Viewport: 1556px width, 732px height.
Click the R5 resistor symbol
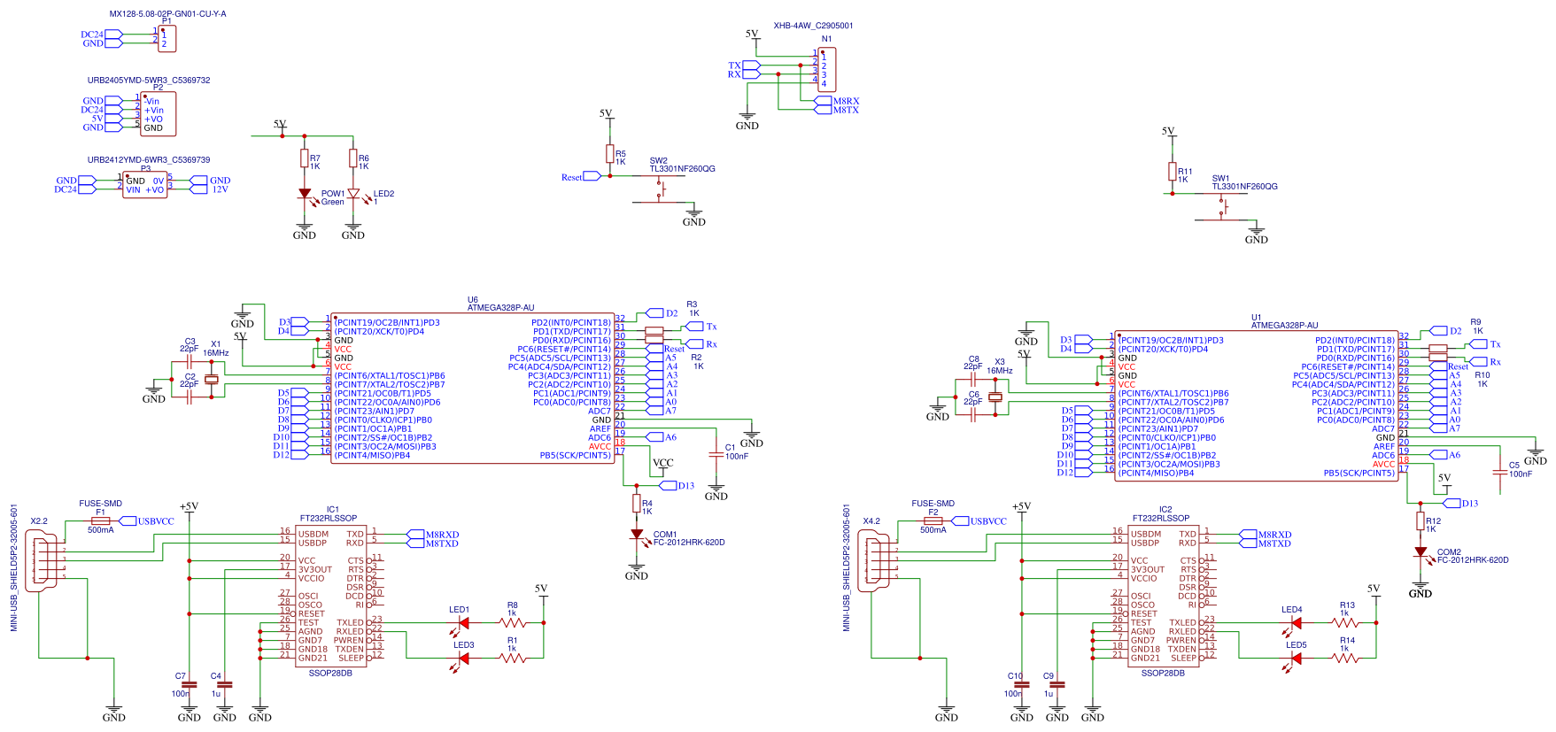coord(609,153)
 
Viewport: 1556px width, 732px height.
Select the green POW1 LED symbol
coord(305,194)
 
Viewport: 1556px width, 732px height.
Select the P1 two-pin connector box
coord(167,39)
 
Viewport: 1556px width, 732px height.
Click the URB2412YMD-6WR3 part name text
coord(149,160)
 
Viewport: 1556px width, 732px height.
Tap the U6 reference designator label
coord(472,300)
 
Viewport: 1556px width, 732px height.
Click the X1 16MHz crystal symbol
coord(211,380)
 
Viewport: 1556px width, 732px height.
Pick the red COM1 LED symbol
coord(636,535)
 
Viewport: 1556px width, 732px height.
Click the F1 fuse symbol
coord(100,521)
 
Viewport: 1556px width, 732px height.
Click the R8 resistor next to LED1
coord(513,623)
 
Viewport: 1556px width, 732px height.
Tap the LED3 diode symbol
coord(463,658)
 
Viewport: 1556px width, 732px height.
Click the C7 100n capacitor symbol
coord(189,684)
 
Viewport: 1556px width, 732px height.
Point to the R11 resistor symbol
coord(1172,172)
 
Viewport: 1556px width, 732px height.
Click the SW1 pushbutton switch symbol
coord(1222,207)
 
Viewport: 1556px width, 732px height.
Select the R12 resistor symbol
coord(1421,521)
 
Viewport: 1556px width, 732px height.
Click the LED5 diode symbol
coord(1297,658)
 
